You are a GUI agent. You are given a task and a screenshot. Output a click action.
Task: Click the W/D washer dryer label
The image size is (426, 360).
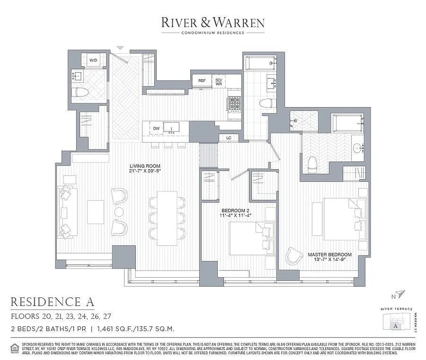click(94, 60)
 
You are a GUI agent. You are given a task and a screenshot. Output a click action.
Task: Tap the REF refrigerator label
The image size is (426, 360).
click(202, 81)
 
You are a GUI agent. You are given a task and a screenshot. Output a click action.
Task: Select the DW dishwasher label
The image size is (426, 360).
click(156, 129)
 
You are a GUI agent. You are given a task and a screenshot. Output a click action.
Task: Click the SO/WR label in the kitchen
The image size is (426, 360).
click(219, 81)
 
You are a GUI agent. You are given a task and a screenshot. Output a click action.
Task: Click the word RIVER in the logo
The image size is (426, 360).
click(180, 22)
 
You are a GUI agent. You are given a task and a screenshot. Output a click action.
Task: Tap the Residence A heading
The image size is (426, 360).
click(52, 301)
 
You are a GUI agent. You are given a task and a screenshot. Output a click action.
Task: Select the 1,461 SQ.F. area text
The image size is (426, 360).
click(118, 329)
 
